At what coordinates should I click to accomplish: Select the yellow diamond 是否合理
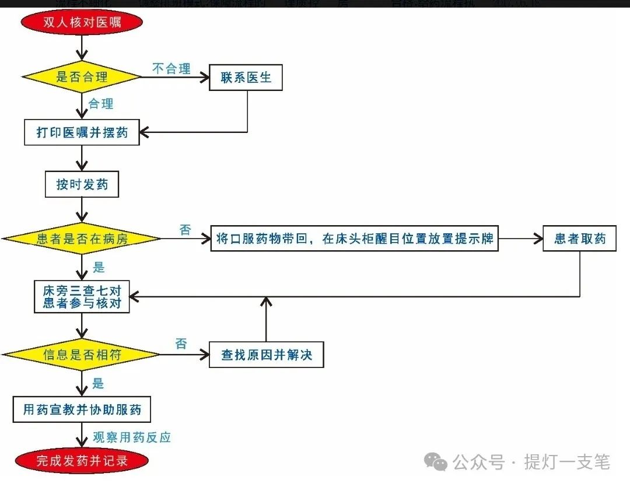pos(82,76)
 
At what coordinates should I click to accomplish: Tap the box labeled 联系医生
pos(246,78)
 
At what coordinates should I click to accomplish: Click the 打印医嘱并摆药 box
pos(82,132)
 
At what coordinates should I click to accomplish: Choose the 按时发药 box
pos(82,185)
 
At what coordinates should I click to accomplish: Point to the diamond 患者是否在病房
pos(82,239)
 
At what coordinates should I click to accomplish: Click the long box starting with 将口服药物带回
pos(354,239)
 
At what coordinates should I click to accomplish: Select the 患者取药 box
pos(579,239)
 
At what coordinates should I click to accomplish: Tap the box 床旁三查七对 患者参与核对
pos(82,297)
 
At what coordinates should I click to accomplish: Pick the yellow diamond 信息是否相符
pos(82,355)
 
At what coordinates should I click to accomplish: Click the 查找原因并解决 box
pos(266,355)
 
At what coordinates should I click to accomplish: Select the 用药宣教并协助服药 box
pos(82,409)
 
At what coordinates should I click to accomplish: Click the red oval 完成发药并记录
pos(82,460)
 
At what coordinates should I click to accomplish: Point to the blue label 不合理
pos(171,69)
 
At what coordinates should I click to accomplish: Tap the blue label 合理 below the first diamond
pos(100,104)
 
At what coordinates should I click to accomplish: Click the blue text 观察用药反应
pos(132,437)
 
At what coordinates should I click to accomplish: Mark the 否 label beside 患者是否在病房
pos(185,229)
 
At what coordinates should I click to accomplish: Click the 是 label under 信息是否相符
pos(98,383)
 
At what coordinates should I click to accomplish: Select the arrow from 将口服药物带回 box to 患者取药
pos(520,239)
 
